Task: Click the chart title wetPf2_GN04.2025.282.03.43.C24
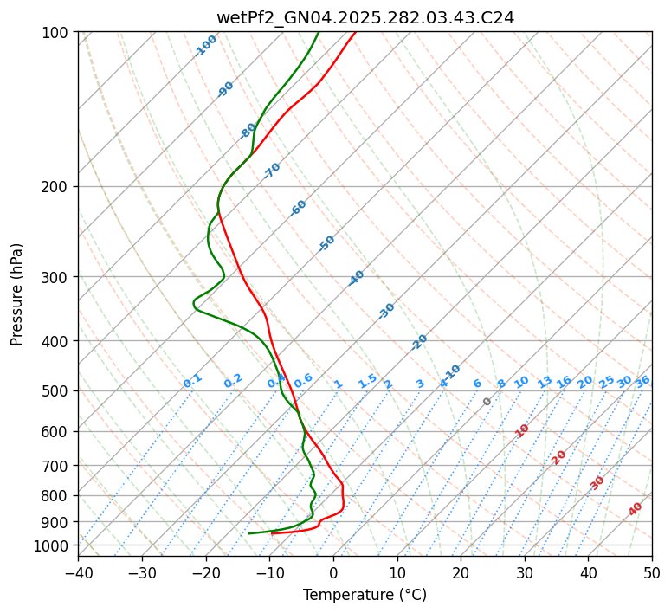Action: click(x=365, y=18)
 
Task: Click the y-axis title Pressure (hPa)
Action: click(x=17, y=294)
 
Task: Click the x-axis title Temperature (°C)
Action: click(x=365, y=595)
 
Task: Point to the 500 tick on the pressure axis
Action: click(x=57, y=391)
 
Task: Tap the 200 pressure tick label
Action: click(x=57, y=187)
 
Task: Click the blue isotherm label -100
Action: click(x=205, y=46)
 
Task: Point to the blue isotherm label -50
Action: click(x=326, y=243)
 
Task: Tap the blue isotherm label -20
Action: click(x=419, y=342)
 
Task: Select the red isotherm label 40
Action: click(x=636, y=509)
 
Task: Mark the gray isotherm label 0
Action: click(x=487, y=402)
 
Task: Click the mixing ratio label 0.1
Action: click(x=192, y=380)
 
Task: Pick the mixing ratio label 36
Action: click(x=642, y=381)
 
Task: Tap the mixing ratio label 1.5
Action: click(x=367, y=380)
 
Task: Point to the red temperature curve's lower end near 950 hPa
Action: click(x=273, y=532)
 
